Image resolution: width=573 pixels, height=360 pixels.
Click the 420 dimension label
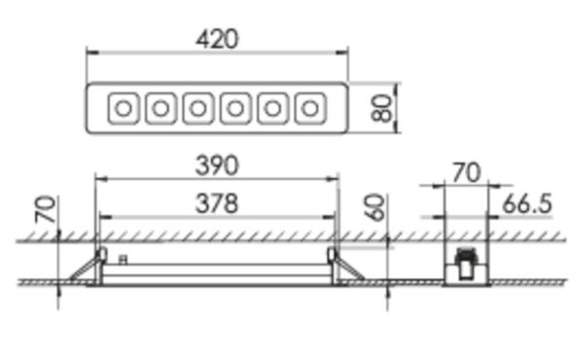click(x=217, y=38)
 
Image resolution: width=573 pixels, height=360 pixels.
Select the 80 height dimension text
click(x=382, y=107)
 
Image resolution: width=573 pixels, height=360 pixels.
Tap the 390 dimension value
click(x=216, y=165)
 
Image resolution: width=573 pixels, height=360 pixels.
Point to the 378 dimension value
click(x=216, y=203)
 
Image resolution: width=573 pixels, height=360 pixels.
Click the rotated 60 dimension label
click(x=376, y=207)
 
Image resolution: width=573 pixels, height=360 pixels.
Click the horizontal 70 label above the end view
click(x=467, y=172)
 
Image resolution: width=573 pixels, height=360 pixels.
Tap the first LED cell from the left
click(x=123, y=108)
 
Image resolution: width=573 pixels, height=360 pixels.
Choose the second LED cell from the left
click(x=160, y=108)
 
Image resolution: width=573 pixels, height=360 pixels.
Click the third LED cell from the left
click(x=197, y=108)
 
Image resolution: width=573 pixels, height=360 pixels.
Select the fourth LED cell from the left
click(x=234, y=108)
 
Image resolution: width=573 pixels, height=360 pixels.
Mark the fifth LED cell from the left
click(x=272, y=108)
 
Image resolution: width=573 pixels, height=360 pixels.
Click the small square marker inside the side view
click(x=123, y=259)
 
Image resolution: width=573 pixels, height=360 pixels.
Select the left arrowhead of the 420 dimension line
click(x=90, y=52)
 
